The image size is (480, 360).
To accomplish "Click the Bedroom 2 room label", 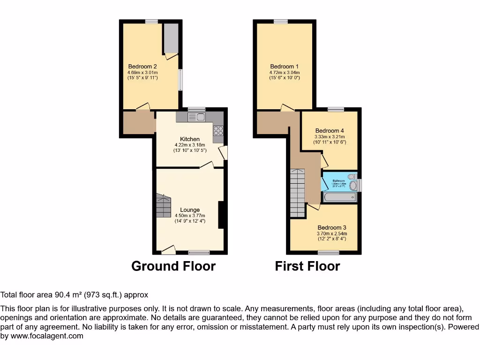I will tap(142, 67).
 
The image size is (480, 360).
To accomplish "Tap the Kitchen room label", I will tap(190, 139).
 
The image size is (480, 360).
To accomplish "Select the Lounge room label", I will tap(190, 210).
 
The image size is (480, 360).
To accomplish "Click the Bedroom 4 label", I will tap(330, 131).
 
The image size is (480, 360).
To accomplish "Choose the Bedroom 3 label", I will tap(332, 228).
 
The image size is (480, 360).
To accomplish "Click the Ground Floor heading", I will tap(173, 266).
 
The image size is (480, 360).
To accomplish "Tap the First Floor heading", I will tap(307, 266).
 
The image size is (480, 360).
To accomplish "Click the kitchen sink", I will tap(197, 117).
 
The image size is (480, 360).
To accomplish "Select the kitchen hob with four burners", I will tap(218, 131).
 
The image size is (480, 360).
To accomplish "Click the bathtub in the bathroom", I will tap(340, 197).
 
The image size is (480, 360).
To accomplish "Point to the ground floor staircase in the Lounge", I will tap(164, 206).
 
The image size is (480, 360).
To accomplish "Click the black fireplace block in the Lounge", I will tap(221, 215).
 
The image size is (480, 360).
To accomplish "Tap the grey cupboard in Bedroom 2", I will tap(171, 38).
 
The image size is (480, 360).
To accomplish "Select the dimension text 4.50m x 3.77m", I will tap(190, 216).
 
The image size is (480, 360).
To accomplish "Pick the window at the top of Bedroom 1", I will tap(281, 21).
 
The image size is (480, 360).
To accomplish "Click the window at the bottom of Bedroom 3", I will tap(331, 253).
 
